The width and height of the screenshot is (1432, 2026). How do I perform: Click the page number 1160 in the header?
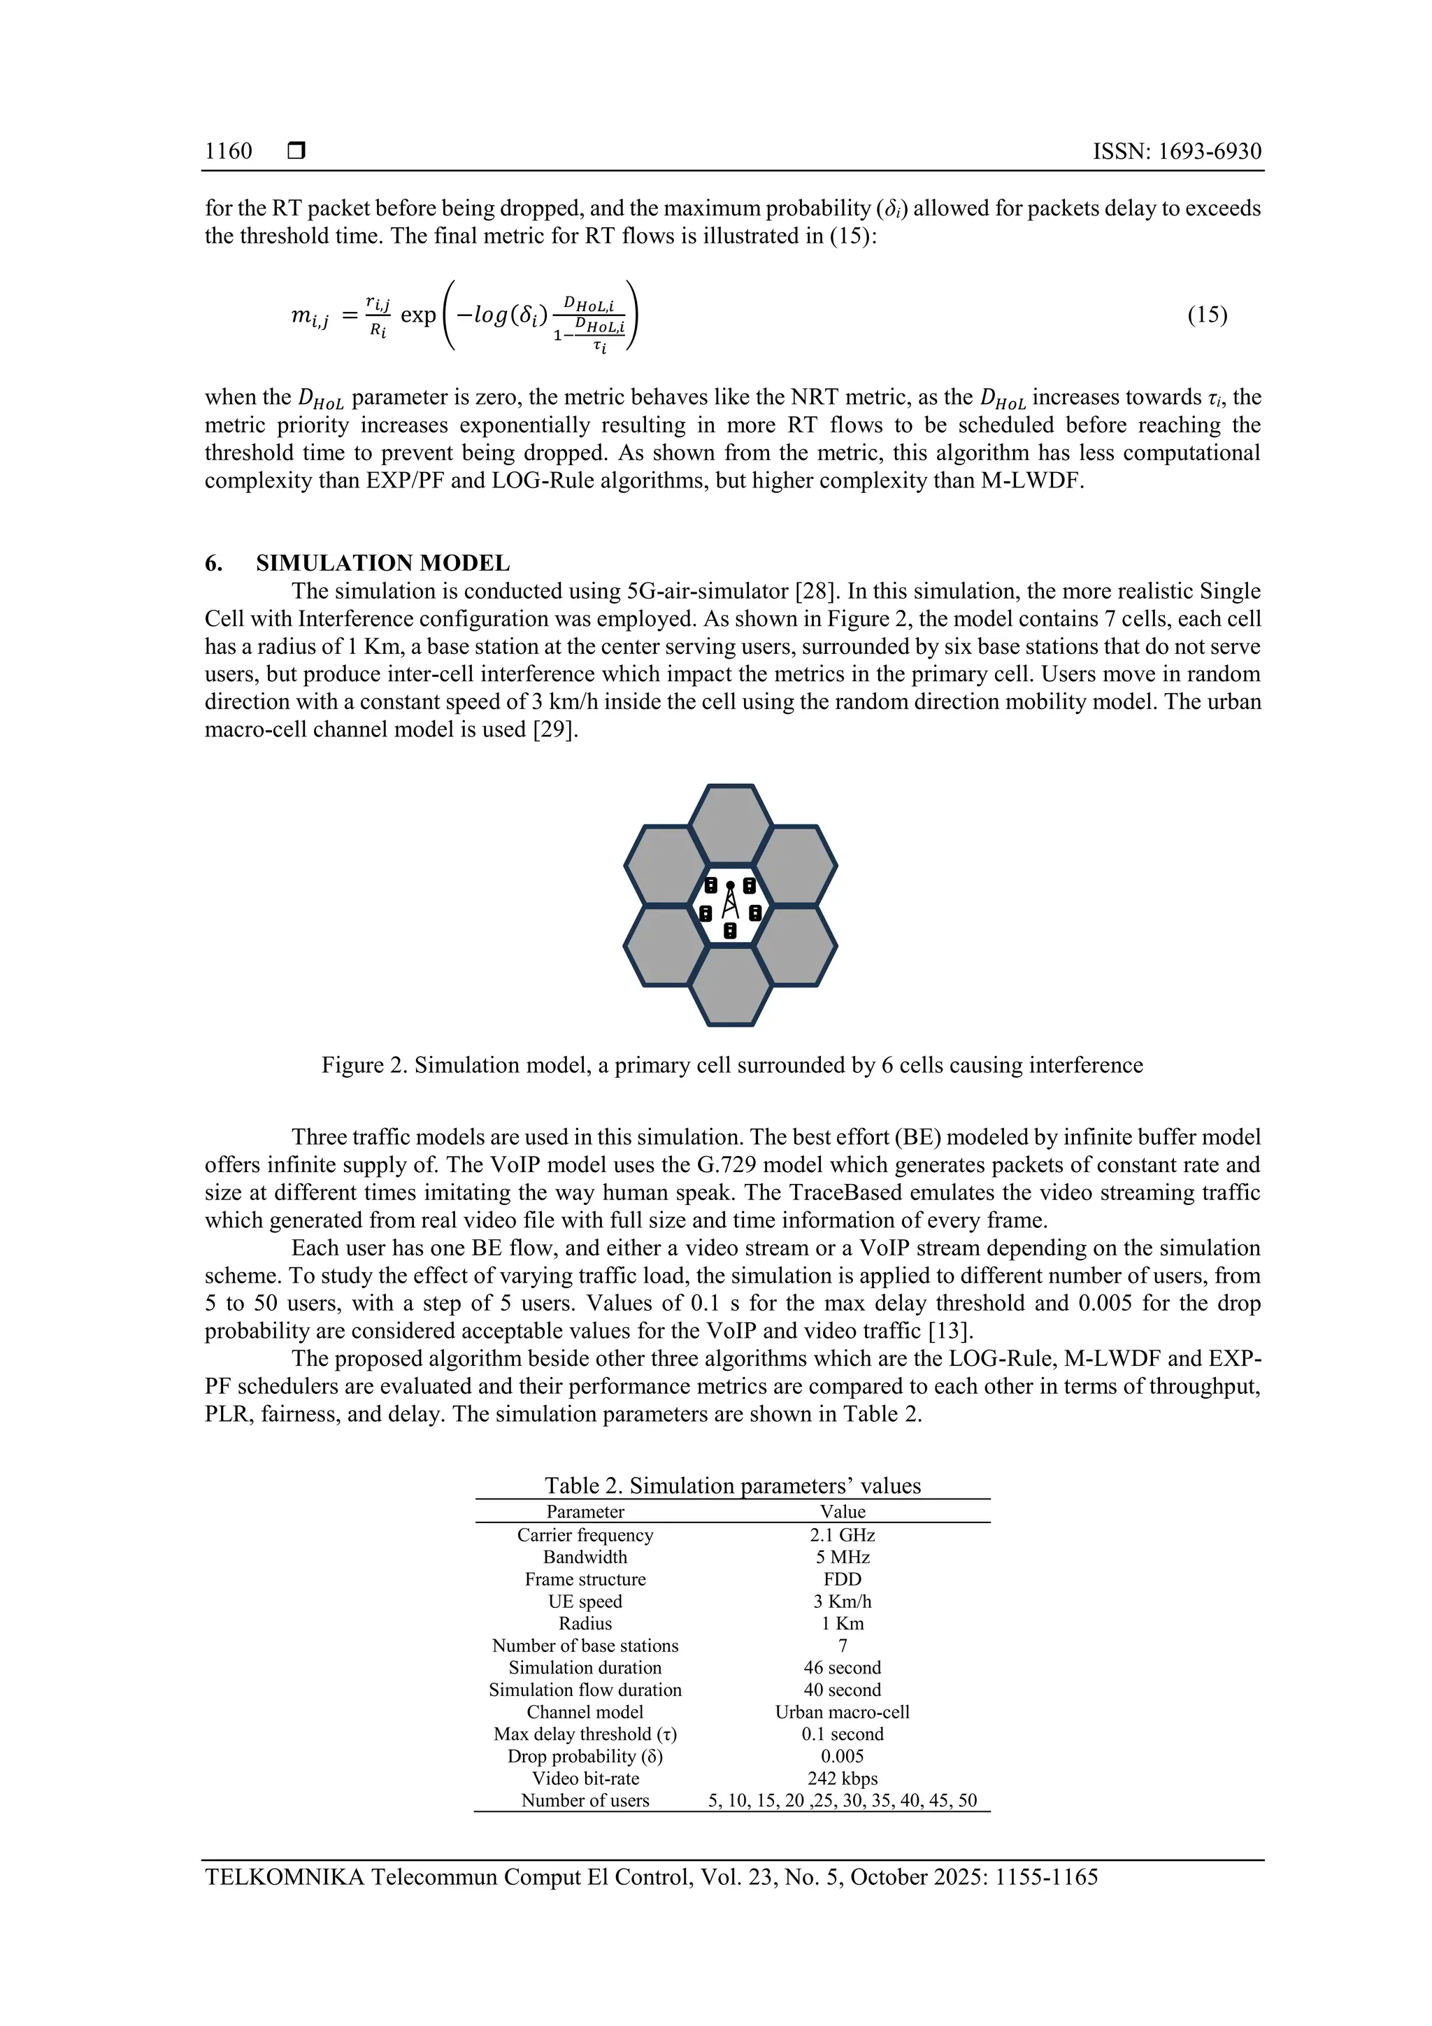[228, 151]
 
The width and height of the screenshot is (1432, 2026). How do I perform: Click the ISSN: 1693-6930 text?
[1176, 151]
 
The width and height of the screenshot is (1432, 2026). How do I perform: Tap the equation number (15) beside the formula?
[1206, 315]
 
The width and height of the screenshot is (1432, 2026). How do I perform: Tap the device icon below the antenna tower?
[730, 930]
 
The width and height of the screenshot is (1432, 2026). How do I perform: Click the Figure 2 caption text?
[731, 1065]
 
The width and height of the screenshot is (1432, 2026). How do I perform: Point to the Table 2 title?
[732, 1486]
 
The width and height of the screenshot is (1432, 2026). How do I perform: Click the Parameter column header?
[585, 1511]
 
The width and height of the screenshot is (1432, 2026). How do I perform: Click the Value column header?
[842, 1511]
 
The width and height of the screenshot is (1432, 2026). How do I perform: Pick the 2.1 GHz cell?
[842, 1535]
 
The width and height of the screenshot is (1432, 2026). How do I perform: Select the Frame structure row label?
[585, 1580]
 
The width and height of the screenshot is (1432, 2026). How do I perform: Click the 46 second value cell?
[842, 1668]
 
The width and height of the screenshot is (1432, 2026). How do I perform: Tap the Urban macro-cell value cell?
[842, 1712]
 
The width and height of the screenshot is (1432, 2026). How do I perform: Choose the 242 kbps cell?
[842, 1778]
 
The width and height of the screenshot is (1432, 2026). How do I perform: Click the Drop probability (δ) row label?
[585, 1756]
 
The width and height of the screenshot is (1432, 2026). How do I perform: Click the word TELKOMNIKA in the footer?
[283, 1876]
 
